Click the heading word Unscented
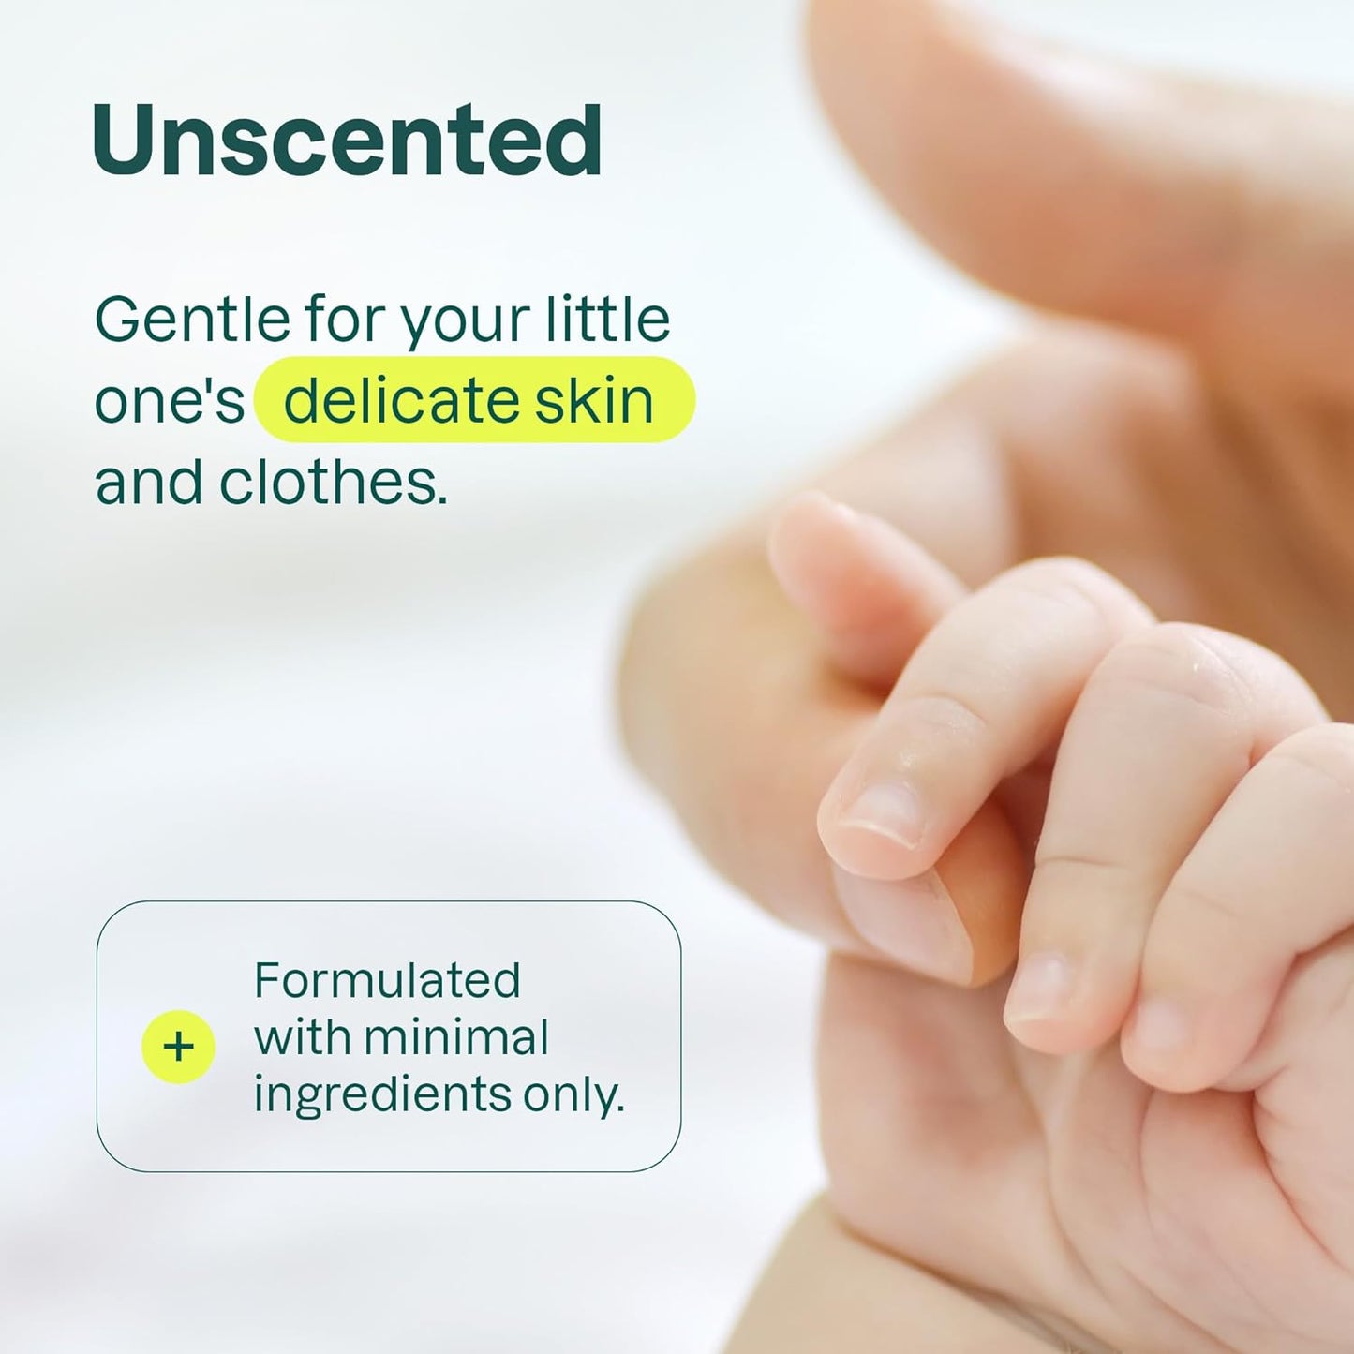click(x=347, y=141)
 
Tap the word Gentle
click(x=193, y=320)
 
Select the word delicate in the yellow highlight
click(x=401, y=401)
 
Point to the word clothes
click(x=333, y=483)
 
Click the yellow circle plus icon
click(x=178, y=1047)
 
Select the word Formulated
click(x=387, y=981)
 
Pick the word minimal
click(x=455, y=1038)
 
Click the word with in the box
click(x=301, y=1038)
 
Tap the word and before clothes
click(x=148, y=483)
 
